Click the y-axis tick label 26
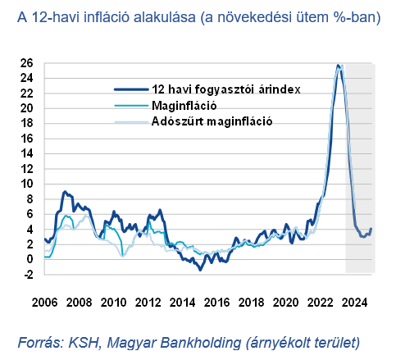tap(26, 63)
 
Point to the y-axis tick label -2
tap(26, 275)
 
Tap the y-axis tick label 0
tap(30, 260)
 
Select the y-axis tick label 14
tap(26, 154)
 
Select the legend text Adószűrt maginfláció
tap(212, 121)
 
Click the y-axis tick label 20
tap(26, 108)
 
